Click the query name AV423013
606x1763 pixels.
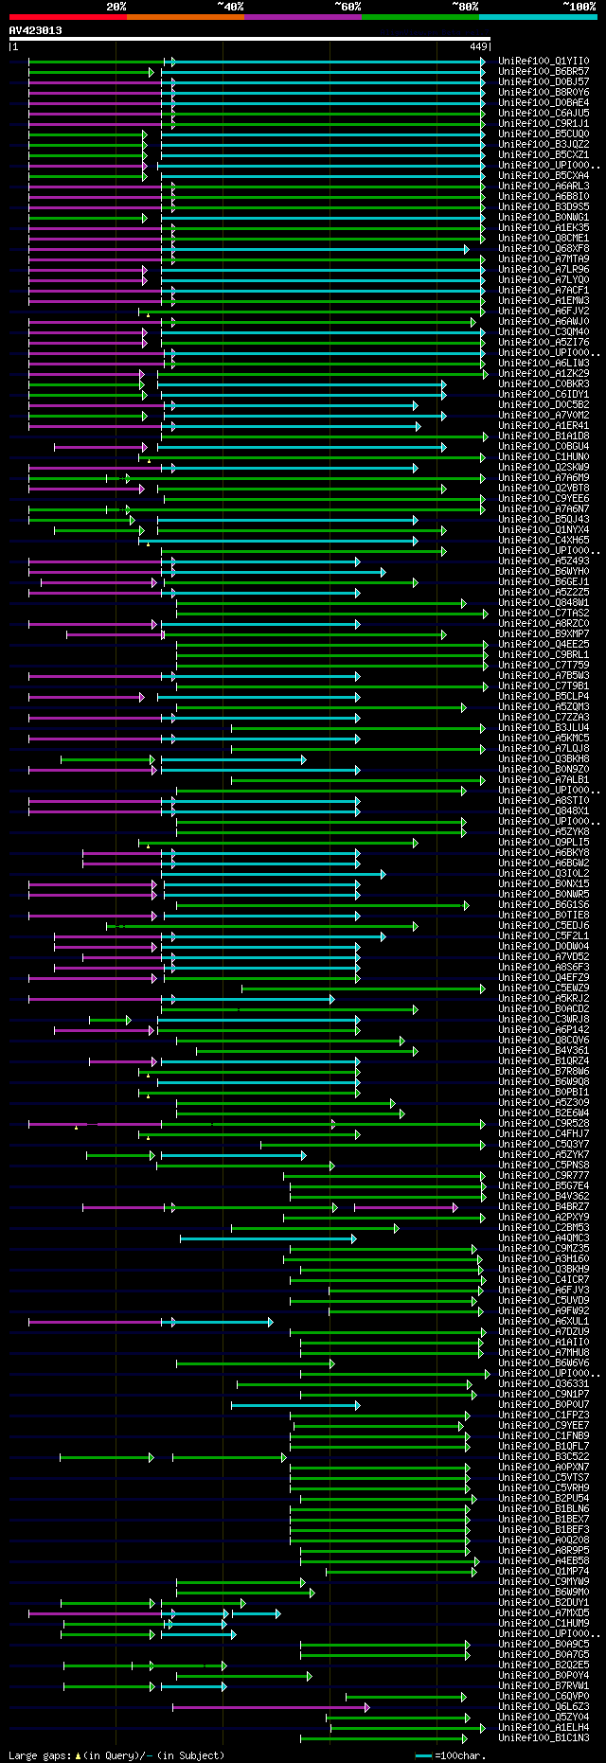(35, 30)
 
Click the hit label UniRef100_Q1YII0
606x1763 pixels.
(544, 61)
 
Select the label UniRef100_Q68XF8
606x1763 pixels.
(544, 249)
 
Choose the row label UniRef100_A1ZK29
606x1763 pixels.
(544, 374)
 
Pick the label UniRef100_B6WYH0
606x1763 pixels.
(544, 572)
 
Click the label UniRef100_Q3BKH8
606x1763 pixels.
(544, 759)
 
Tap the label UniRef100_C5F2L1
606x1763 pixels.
(544, 936)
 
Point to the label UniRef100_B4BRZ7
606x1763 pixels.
(544, 1207)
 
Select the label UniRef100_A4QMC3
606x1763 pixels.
(544, 1238)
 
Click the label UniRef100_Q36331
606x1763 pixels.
(544, 1384)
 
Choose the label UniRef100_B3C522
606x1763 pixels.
(544, 1457)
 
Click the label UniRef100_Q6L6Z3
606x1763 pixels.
(544, 1707)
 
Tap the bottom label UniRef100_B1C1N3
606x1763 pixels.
(544, 1738)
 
